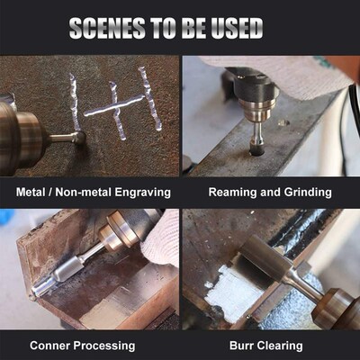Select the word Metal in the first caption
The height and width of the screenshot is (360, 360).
pyautogui.click(x=33, y=192)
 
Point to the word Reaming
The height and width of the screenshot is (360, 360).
pyautogui.click(x=231, y=192)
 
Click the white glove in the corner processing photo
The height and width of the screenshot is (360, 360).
pyautogui.click(x=162, y=236)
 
